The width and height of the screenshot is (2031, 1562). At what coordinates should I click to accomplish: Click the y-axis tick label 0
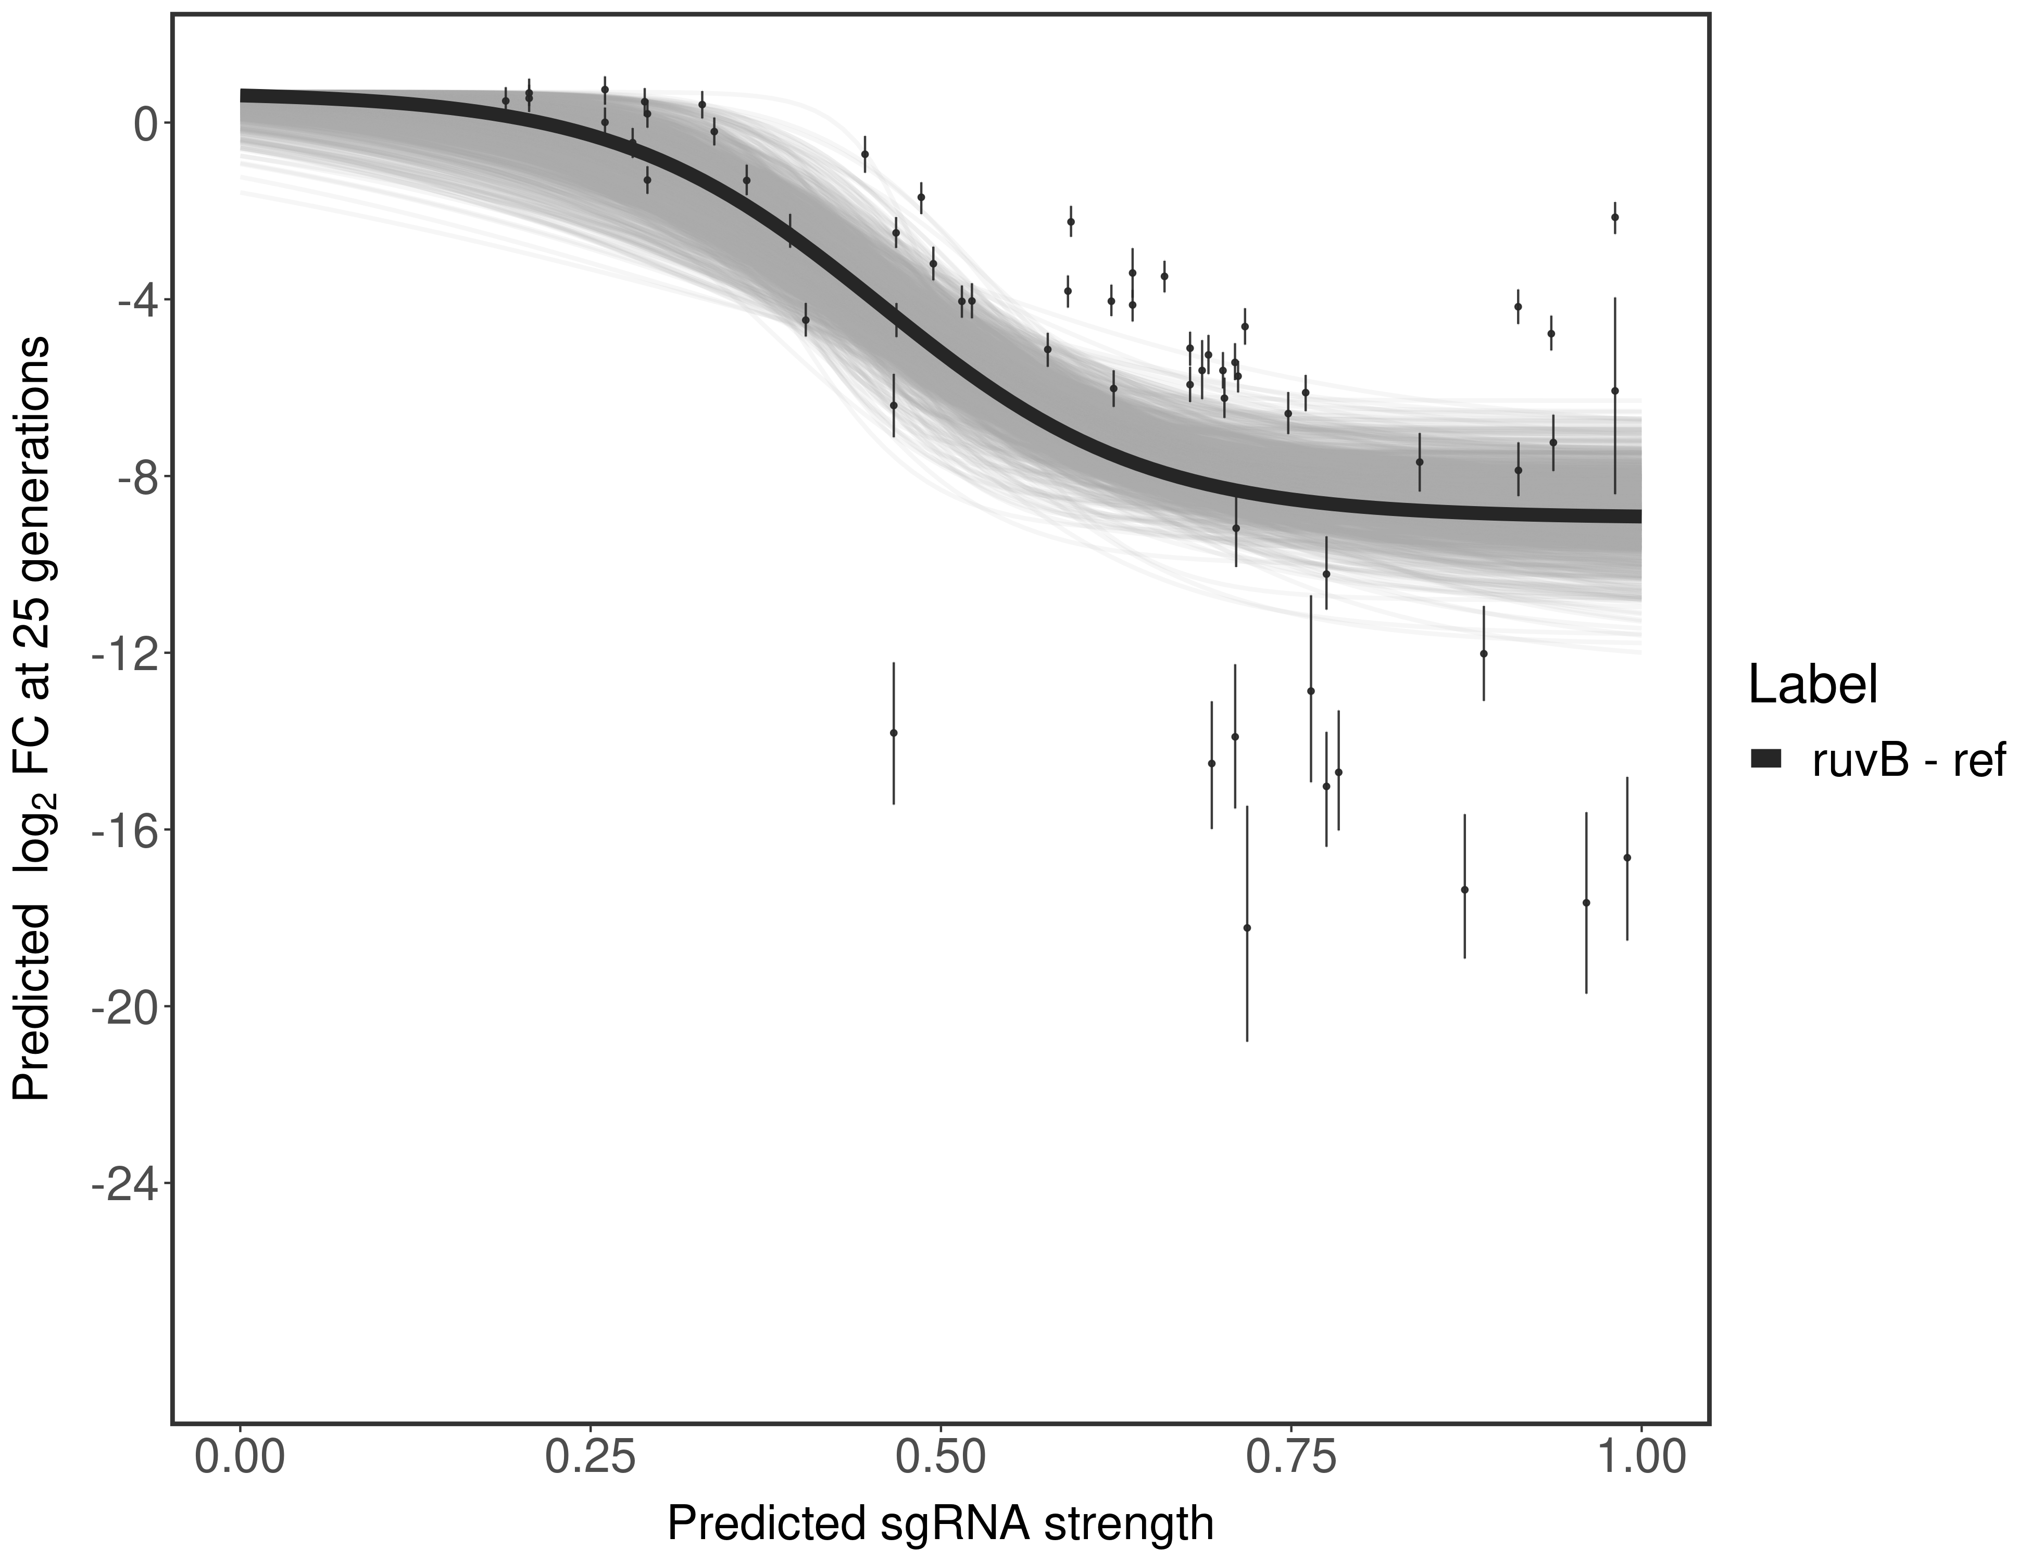(145, 124)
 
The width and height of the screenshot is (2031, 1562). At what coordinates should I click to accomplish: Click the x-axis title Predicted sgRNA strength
(940, 1525)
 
